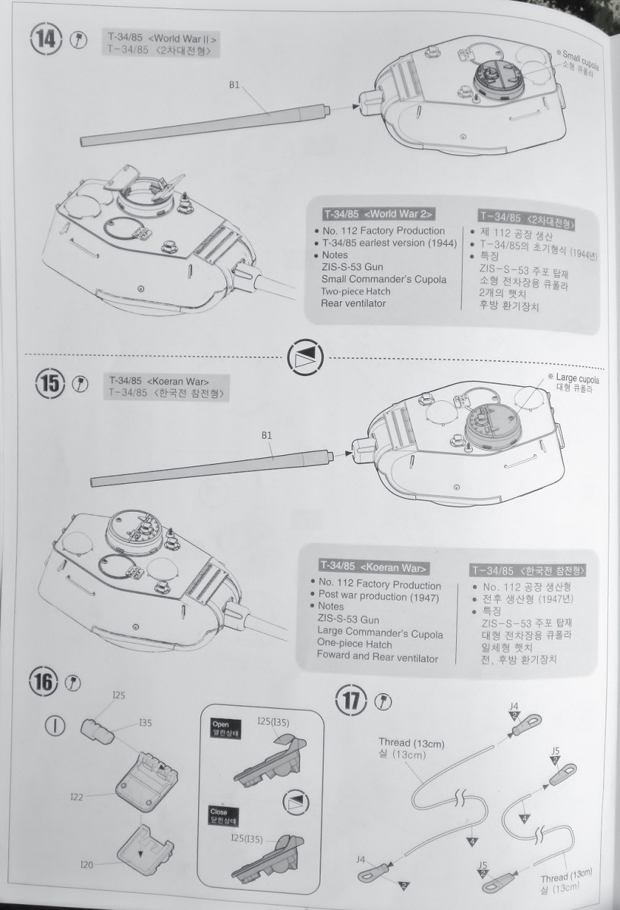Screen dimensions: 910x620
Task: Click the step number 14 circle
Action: coord(46,40)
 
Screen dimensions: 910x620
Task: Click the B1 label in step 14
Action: coord(234,86)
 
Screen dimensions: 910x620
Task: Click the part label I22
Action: coord(77,797)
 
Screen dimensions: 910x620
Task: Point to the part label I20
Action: coord(88,864)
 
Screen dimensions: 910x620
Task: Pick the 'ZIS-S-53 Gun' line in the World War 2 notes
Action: coord(353,267)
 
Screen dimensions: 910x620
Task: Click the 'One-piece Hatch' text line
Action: coord(354,645)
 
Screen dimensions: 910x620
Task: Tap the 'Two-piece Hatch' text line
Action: coord(354,291)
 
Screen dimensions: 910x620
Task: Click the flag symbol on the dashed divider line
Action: coord(306,357)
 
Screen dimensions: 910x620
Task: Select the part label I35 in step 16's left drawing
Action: coord(146,723)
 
